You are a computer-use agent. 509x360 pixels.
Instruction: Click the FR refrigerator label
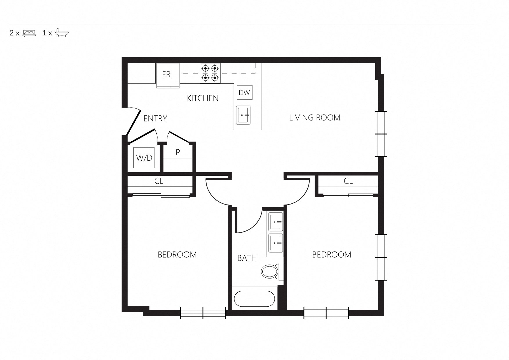(166, 75)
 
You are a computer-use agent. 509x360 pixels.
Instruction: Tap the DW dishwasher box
(244, 93)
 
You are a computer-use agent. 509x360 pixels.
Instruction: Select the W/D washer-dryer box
(144, 158)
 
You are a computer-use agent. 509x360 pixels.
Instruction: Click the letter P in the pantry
(178, 152)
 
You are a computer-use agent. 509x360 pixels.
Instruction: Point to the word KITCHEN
(203, 98)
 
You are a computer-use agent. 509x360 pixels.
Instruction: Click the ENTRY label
(155, 118)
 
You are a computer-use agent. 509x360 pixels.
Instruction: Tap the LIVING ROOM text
(315, 117)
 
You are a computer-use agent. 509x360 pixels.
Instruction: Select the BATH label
(247, 258)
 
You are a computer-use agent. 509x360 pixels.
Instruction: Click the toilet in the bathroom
(272, 272)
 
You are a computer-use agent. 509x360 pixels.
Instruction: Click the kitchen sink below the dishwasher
(243, 115)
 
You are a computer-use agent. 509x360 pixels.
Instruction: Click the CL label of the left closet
(159, 181)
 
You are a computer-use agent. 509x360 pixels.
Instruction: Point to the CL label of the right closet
(348, 181)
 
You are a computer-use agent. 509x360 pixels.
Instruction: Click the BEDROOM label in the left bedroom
(177, 255)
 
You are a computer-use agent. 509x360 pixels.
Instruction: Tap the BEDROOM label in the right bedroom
(332, 255)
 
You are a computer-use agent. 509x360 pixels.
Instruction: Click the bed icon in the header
(29, 33)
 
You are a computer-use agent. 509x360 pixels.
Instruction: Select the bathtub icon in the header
(62, 33)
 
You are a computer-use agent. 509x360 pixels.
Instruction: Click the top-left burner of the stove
(205, 68)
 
